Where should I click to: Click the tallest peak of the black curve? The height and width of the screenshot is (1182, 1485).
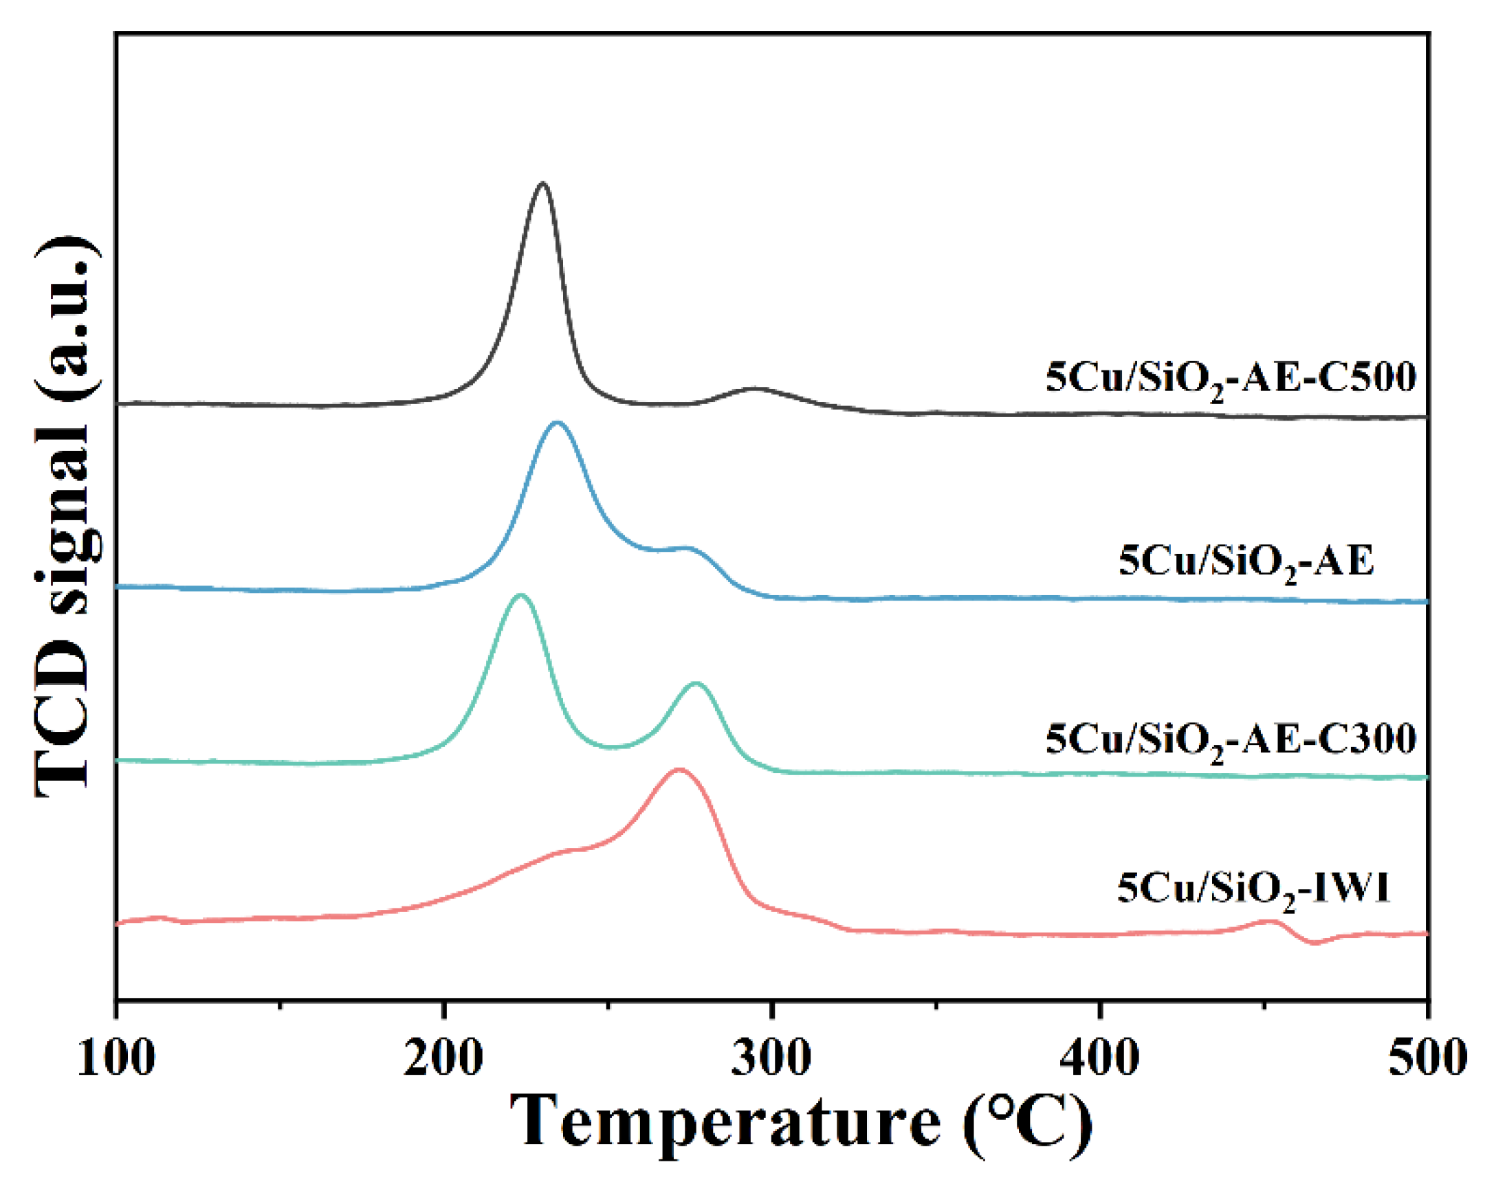tap(542, 183)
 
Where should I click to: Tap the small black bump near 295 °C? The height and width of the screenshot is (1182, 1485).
tap(756, 389)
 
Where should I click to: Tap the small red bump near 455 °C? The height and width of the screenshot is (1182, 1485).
tap(1269, 921)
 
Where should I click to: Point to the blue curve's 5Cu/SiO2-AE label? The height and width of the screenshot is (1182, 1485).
tap(1245, 561)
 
